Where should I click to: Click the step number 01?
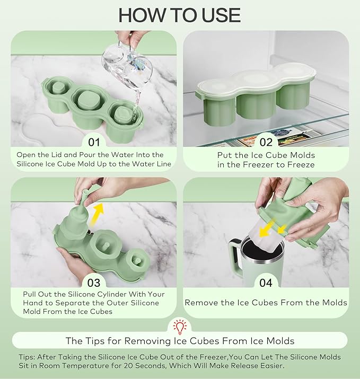pos(94,142)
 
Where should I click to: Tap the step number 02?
pos(266,142)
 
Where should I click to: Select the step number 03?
pos(94,283)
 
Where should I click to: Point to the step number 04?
pos(266,283)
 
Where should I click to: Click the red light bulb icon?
pos(180,327)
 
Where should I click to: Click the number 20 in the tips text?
pos(128,365)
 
